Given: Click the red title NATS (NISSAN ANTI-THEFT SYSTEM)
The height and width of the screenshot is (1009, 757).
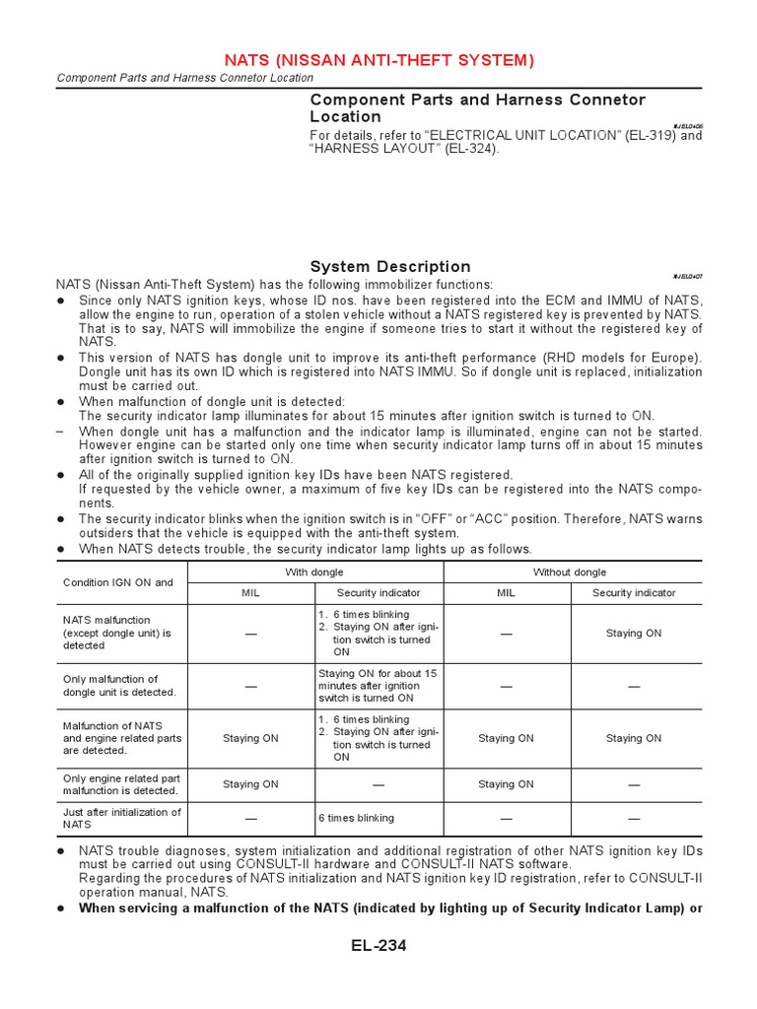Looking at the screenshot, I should coord(378,60).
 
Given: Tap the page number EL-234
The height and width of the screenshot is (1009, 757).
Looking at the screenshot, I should coord(378,947).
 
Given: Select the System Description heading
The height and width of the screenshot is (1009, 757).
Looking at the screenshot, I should coord(390,267).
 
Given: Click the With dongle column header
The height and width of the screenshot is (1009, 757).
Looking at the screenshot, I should coord(315,572).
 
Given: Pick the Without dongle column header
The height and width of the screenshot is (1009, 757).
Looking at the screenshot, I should coord(570,572).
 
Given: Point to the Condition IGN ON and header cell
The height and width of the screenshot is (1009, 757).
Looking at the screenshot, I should coord(118,582).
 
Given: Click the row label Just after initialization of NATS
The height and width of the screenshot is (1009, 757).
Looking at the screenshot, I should coord(121,818).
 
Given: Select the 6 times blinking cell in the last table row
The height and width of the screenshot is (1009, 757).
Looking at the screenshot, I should coord(356,818).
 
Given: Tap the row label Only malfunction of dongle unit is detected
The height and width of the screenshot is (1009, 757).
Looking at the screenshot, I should coord(119,685).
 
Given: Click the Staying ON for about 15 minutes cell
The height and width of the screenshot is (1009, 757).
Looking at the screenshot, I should coord(378,685).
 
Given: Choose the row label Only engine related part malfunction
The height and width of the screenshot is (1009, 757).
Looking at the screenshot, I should coord(121,784).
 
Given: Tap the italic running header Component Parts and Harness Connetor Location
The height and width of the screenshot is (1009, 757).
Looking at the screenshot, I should coord(185,78).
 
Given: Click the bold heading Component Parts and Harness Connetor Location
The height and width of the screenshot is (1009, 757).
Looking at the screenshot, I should coord(478,107).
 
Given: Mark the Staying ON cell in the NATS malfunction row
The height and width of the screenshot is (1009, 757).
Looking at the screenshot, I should coord(634,634).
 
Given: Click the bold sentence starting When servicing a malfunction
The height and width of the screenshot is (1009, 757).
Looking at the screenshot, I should coord(390,908).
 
